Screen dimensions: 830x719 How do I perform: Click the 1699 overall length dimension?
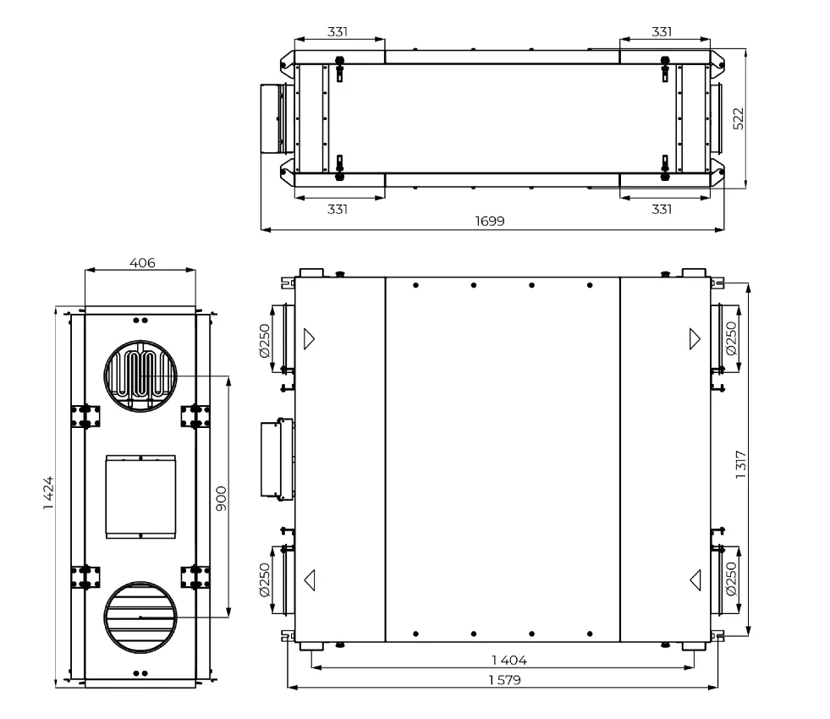coord(490,221)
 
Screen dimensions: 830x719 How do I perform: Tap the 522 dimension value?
coord(739,118)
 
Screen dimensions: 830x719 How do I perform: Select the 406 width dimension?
coord(142,262)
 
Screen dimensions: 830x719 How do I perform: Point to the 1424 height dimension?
coord(49,493)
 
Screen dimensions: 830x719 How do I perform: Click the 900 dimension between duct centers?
coord(222,498)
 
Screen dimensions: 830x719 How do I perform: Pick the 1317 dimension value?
coord(741,465)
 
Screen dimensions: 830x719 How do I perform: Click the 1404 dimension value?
coord(508,660)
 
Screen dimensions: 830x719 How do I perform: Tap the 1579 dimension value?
coord(504,679)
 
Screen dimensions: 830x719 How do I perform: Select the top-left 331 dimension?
coord(338,32)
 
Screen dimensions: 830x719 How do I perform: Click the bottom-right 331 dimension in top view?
coord(662,210)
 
